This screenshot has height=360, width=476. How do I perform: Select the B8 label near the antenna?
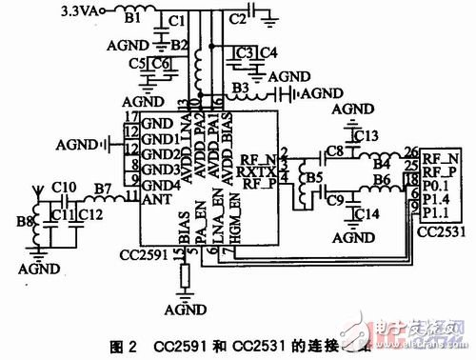[19, 223]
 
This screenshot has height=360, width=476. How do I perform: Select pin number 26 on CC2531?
[410, 150]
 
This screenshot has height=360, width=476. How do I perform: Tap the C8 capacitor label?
[333, 150]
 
